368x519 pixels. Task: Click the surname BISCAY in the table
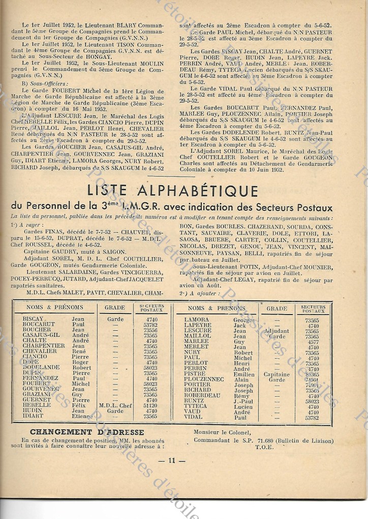pos(33,318)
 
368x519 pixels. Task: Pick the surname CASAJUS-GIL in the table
pos(41,335)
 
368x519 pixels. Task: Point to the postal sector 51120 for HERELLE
pos(150,405)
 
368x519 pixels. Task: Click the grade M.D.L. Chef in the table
pos(116,405)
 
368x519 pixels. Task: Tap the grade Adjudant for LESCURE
pos(277,331)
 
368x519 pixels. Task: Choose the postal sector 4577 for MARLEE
pos(312,341)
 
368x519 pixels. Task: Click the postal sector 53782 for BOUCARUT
pos(150,324)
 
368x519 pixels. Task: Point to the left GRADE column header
pos(114,307)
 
